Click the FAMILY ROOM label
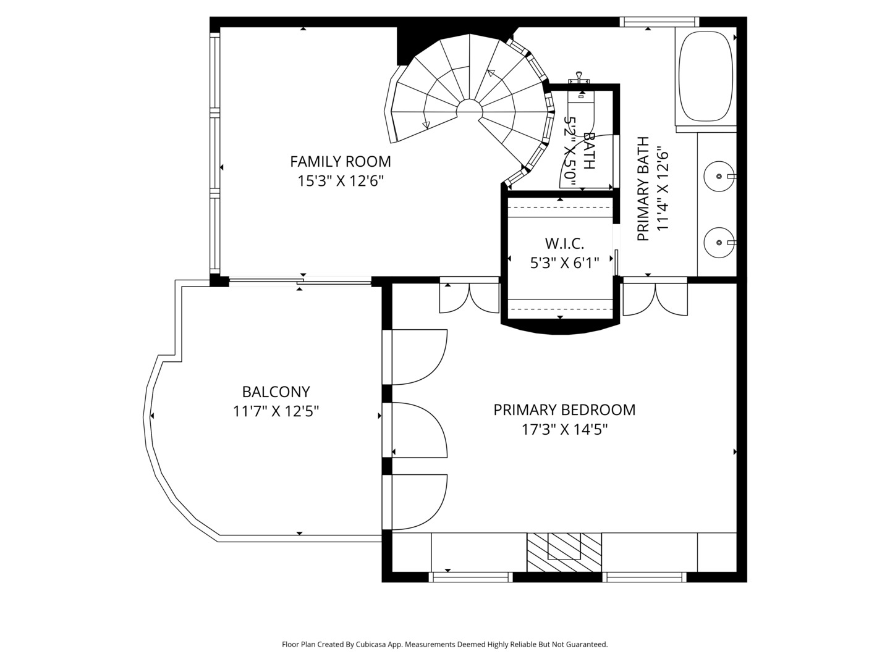[x=340, y=162]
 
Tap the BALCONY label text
[x=276, y=392]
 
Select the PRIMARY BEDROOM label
[x=564, y=410]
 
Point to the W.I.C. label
[x=564, y=243]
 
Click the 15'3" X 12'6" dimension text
[x=340, y=180]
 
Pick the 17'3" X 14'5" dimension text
[x=564, y=429]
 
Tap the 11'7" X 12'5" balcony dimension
[x=276, y=411]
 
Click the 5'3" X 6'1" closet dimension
[x=564, y=263]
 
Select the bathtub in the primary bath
[x=706, y=76]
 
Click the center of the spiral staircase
[x=470, y=109]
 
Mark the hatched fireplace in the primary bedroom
[x=564, y=552]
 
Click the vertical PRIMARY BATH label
[x=643, y=189]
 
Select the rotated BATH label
[x=588, y=151]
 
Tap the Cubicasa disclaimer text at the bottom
[x=445, y=644]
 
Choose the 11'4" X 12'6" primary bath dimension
[x=662, y=189]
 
